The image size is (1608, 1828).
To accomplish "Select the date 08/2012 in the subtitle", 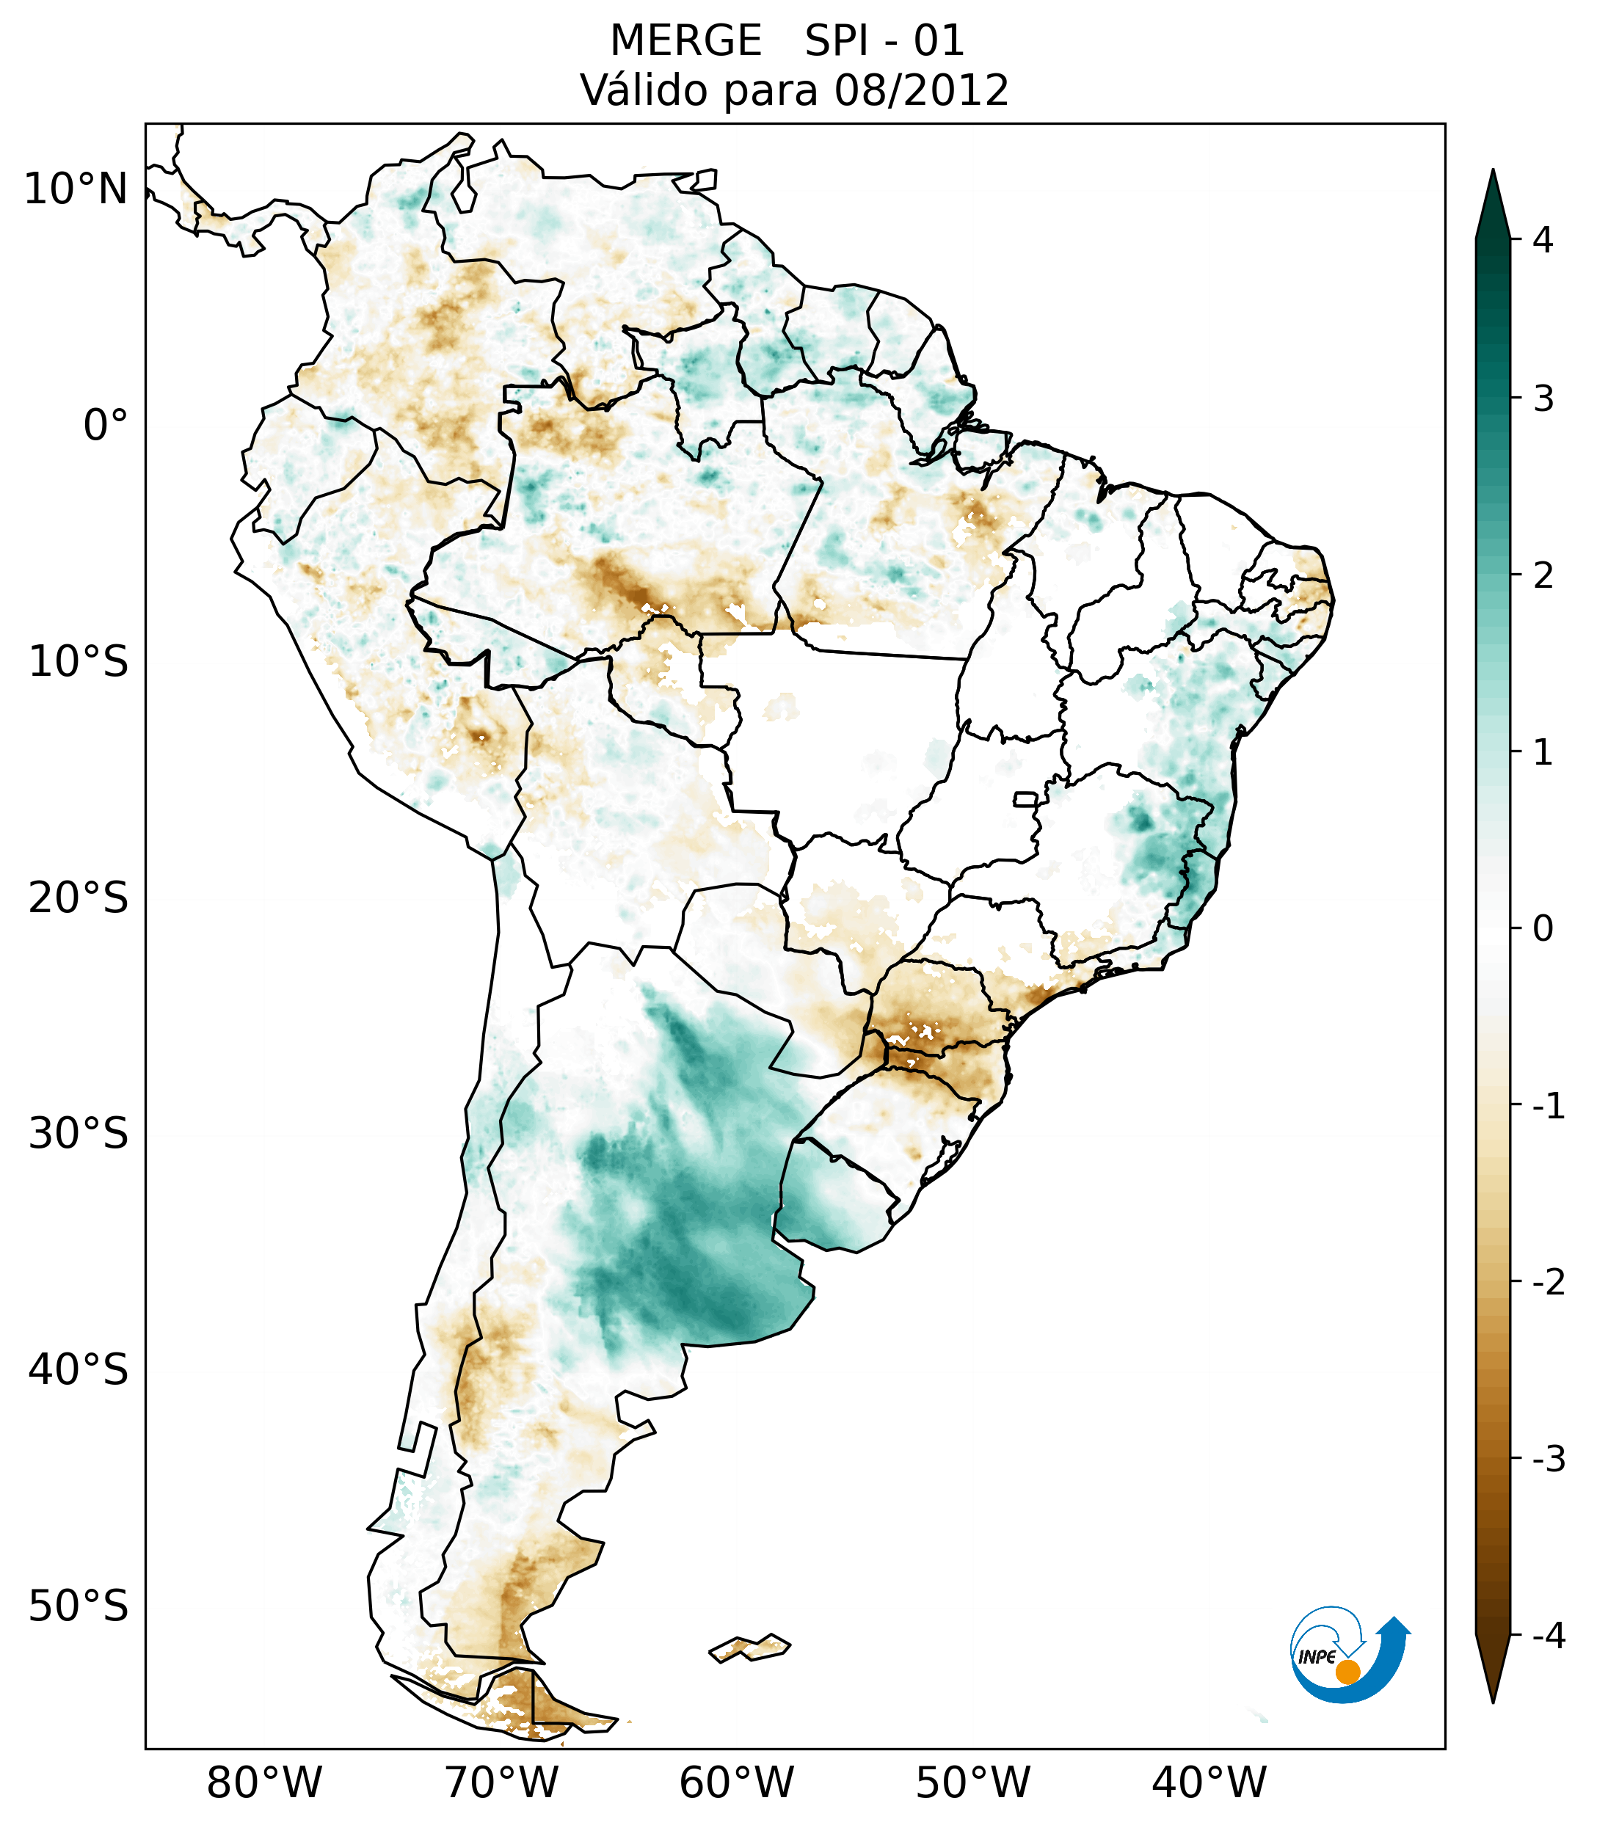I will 921,90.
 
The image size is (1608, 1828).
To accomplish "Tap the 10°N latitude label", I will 76,189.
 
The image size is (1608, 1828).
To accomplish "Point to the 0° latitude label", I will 106,426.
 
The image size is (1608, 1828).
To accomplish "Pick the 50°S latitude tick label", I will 79,1607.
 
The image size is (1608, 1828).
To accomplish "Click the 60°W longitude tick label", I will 736,1783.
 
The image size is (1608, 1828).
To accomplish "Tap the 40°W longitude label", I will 1209,1783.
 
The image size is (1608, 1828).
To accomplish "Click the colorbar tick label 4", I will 1543,240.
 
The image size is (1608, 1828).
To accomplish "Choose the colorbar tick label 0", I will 1543,929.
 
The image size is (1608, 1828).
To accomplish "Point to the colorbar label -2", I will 1548,1283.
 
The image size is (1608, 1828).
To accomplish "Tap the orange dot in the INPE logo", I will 1347,1672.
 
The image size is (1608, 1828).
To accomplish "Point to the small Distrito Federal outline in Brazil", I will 1025,798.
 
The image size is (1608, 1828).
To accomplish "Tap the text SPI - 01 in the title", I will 884,41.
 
